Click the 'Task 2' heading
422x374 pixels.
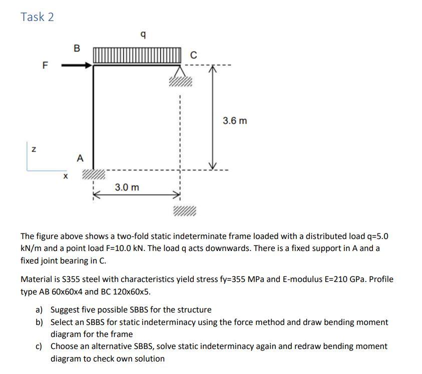coord(37,16)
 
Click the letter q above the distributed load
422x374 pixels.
coord(144,35)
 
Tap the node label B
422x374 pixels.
coord(77,48)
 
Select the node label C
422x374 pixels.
coord(194,55)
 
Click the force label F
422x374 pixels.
coord(46,65)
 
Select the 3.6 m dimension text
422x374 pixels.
coord(235,121)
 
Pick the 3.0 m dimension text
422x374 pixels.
coord(127,187)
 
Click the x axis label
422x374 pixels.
coord(65,176)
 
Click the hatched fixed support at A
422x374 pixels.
coord(94,174)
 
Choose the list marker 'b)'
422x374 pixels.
coord(40,322)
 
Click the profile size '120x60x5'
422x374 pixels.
coord(128,291)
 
